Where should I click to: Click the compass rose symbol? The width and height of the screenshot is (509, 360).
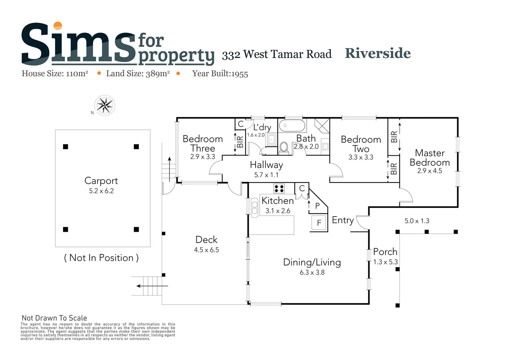click(105, 105)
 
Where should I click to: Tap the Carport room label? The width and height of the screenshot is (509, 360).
click(101, 181)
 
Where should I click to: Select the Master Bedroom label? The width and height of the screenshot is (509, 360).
click(430, 158)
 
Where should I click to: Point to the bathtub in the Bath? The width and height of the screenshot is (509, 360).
click(292, 126)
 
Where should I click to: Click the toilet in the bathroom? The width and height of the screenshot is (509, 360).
click(284, 147)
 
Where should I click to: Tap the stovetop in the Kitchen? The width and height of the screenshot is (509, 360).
click(279, 189)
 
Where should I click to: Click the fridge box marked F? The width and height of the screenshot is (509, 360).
click(319, 223)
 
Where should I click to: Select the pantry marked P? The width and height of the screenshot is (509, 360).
click(317, 206)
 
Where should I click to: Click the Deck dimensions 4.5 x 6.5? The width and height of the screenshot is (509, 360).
click(206, 250)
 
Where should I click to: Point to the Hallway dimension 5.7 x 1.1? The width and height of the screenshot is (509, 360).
click(266, 175)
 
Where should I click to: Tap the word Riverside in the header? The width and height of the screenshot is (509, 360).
click(378, 53)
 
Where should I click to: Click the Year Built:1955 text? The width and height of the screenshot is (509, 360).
click(220, 74)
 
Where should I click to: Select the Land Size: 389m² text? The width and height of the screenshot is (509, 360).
click(138, 74)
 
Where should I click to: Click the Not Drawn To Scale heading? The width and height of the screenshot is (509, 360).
click(54, 318)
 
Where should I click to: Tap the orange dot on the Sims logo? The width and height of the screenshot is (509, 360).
click(58, 26)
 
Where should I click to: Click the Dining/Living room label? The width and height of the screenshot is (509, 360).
click(312, 262)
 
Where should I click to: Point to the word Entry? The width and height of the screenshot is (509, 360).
click(343, 220)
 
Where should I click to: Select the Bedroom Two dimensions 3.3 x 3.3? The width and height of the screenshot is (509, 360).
click(361, 157)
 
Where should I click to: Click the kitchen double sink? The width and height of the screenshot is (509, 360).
click(255, 207)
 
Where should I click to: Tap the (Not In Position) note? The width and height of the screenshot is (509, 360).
click(101, 258)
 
